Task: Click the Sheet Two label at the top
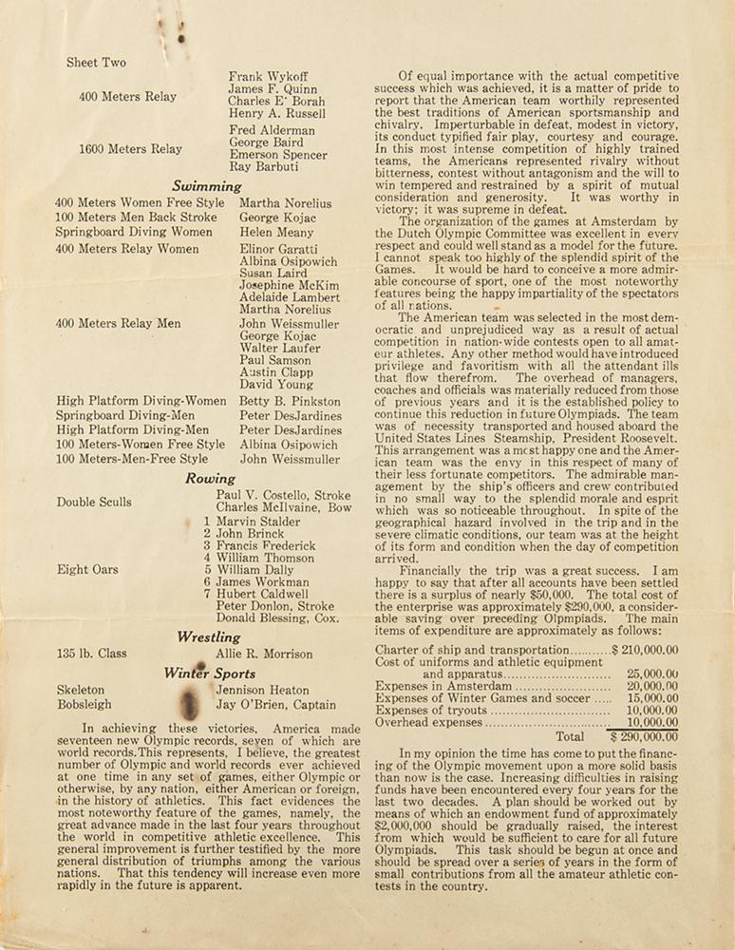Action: click(x=96, y=63)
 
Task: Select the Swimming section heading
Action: click(x=207, y=187)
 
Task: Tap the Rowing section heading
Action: click(x=210, y=479)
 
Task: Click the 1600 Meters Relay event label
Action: click(x=131, y=149)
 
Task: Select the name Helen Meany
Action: click(x=274, y=232)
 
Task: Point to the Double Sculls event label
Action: click(x=94, y=502)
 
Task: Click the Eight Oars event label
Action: click(x=87, y=569)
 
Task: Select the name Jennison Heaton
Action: click(x=262, y=690)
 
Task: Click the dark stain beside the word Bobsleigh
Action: click(x=188, y=703)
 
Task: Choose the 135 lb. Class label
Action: click(x=91, y=654)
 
